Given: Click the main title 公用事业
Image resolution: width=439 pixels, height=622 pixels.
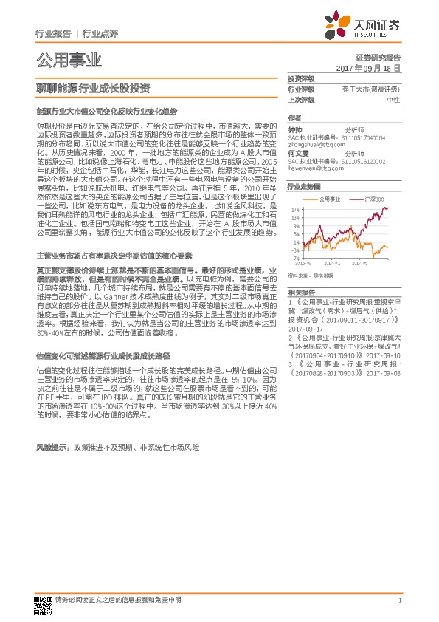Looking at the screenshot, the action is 69,60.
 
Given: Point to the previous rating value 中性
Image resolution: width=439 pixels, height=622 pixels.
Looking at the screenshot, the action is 393,99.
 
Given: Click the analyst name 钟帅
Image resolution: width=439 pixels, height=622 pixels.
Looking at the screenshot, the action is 294,129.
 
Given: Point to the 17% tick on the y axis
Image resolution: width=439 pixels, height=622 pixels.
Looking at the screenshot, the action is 294,209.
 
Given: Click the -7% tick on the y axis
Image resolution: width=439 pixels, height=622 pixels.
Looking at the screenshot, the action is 294,259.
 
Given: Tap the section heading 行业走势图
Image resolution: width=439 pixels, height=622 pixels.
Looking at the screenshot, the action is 303,188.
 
